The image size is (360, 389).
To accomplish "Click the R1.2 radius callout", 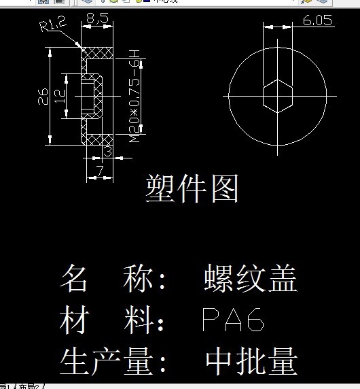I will (x=53, y=26).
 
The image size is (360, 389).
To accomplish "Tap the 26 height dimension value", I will (x=43, y=96).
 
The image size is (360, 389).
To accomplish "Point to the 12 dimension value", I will (x=60, y=95).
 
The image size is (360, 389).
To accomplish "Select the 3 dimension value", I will (x=107, y=151).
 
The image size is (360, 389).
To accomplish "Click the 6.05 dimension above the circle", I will (x=317, y=20).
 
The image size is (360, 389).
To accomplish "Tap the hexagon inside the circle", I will (x=278, y=94).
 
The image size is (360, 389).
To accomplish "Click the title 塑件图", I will (x=192, y=188).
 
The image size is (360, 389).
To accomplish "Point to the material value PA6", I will (x=233, y=320).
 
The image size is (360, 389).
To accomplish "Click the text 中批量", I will (x=251, y=361).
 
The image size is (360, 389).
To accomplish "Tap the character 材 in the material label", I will (x=74, y=320).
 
